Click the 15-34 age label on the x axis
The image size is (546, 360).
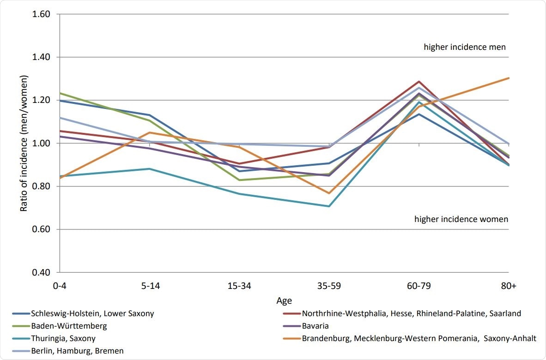[239, 286]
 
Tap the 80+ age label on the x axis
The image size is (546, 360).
[509, 286]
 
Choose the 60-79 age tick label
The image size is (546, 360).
[419, 286]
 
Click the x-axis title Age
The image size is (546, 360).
[284, 300]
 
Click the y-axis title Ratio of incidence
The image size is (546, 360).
[24, 143]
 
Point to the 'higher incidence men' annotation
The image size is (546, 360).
[465, 47]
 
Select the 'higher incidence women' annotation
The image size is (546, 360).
[461, 219]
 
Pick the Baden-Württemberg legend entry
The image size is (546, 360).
[69, 326]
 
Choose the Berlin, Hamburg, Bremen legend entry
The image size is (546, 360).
[77, 351]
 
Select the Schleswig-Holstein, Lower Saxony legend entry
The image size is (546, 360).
[92, 313]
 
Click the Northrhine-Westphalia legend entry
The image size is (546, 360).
[411, 313]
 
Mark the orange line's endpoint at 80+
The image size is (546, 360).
[509, 78]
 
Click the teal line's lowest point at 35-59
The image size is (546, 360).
[329, 206]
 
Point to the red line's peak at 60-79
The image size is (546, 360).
[419, 82]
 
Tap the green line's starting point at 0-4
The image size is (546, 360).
[59, 93]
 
